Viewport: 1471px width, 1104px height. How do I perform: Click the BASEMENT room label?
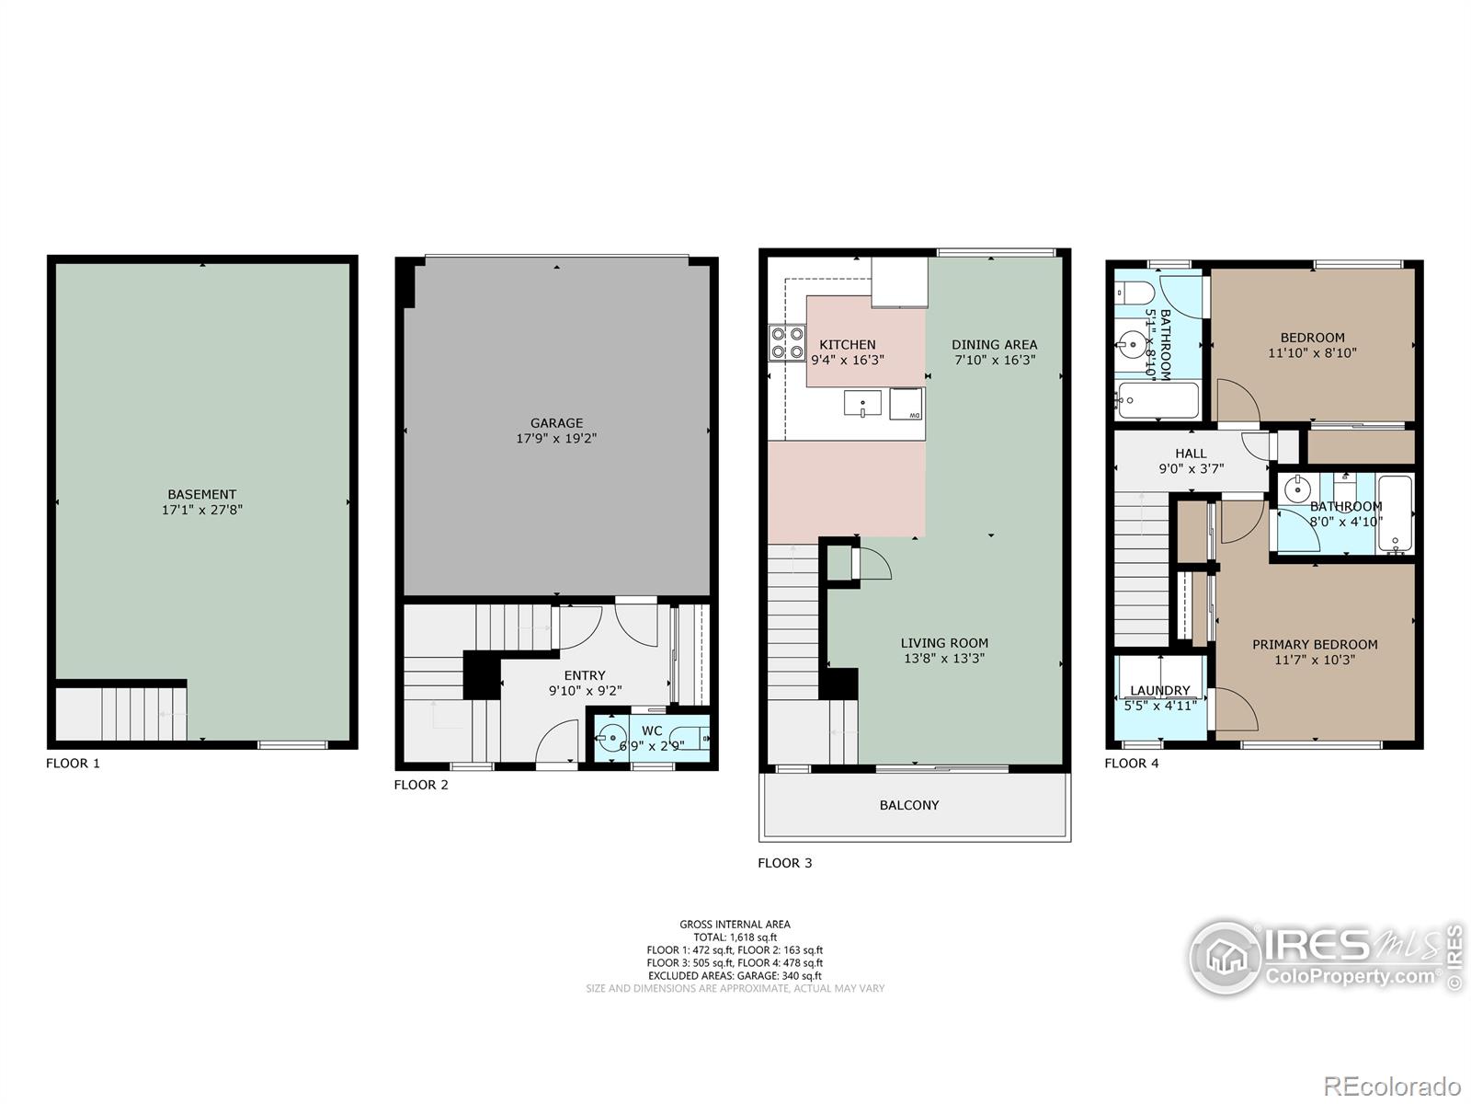tap(201, 494)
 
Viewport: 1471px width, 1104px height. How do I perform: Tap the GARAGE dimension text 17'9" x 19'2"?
tap(556, 439)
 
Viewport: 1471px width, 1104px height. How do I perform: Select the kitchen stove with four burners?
tap(787, 342)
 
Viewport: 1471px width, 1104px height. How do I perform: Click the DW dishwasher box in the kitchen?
tap(906, 404)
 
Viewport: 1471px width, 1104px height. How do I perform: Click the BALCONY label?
tap(908, 805)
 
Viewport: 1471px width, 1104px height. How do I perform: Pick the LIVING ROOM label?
tap(944, 643)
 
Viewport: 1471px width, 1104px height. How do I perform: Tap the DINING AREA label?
tap(995, 344)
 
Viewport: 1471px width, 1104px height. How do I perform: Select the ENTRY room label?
tap(585, 675)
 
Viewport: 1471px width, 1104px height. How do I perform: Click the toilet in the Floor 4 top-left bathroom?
tap(1134, 293)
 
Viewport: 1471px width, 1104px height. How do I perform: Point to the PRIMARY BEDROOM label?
tap(1315, 644)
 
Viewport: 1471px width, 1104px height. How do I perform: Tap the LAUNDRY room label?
tap(1160, 690)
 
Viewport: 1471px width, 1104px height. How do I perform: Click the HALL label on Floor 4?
tap(1191, 454)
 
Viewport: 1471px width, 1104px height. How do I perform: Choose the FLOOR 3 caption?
tap(785, 863)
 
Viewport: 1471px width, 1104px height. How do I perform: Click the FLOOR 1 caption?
tap(73, 763)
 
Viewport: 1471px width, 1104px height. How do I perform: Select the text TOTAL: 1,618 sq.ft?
tap(735, 937)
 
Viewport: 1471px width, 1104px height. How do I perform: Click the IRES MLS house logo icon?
tap(1225, 957)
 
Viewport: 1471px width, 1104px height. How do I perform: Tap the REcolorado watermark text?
tap(1392, 1086)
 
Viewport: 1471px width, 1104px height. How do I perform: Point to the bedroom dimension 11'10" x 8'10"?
tap(1312, 352)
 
